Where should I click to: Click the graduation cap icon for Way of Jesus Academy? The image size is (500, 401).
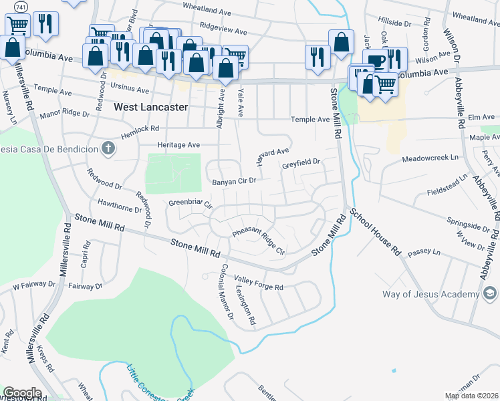(489, 294)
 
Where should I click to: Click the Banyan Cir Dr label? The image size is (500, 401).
(234, 181)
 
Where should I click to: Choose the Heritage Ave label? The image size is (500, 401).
(178, 144)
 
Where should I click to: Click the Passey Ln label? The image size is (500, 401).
(428, 253)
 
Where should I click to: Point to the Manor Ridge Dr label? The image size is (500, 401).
(64, 114)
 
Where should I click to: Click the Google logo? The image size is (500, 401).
(22, 393)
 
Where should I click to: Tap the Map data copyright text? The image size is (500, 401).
(471, 396)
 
